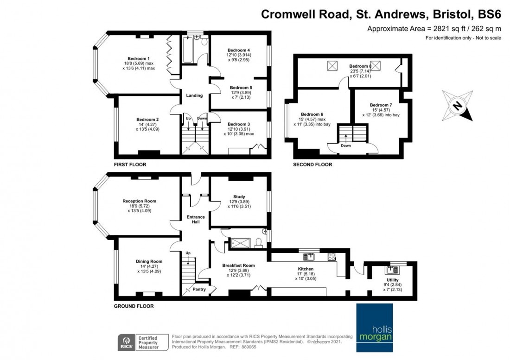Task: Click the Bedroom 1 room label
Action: (139, 58)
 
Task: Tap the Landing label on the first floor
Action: (194, 95)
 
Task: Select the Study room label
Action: (239, 196)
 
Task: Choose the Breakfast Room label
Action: (239, 265)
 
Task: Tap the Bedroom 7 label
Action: (381, 105)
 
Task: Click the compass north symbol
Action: (457, 105)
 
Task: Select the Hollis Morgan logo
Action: (374, 328)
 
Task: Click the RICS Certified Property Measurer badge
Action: (139, 342)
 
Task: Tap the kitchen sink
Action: (308, 255)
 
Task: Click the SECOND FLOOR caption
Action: (312, 164)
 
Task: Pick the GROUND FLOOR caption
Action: (134, 306)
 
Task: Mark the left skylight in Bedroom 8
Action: (332, 67)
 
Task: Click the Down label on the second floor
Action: (346, 145)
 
